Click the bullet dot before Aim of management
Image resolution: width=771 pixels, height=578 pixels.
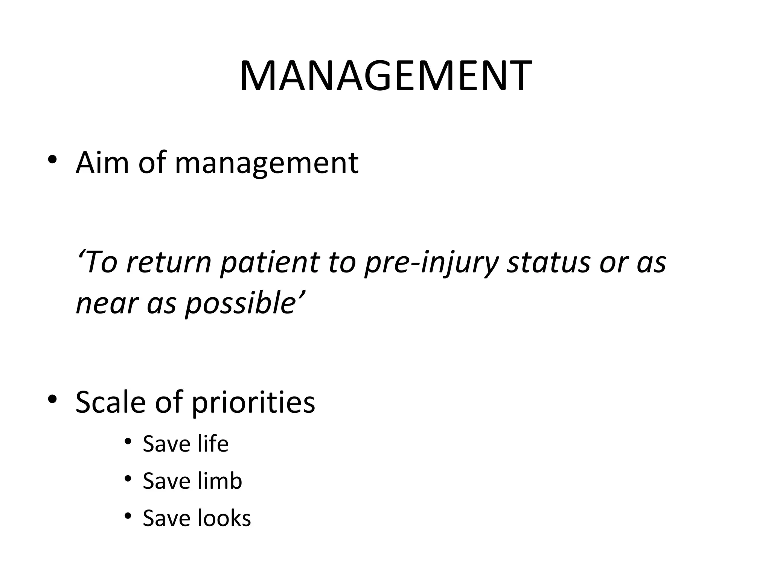coord(52,160)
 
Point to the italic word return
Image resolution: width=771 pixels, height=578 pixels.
coord(169,262)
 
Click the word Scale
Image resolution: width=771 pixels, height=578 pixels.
coord(110,402)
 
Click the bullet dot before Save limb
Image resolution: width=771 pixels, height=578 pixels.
coord(128,479)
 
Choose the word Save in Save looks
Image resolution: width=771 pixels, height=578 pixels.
coord(166,519)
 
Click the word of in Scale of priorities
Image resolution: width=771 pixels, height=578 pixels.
coord(168,402)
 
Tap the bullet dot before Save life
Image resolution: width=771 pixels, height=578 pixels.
coord(128,441)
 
